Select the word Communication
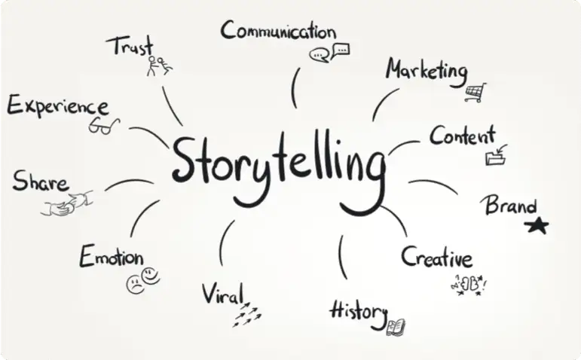[x=278, y=32]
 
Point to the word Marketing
[x=427, y=71]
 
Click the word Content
[x=463, y=137]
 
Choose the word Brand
[x=510, y=205]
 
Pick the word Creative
[x=436, y=258]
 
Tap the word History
[x=358, y=310]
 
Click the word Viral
[x=223, y=294]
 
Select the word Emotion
[x=112, y=257]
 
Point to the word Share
[x=40, y=181]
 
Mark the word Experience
[x=57, y=106]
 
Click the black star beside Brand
[x=537, y=224]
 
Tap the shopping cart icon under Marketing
[x=476, y=93]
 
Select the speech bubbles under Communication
[x=330, y=53]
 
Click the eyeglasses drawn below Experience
[x=104, y=127]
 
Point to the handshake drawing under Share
[x=67, y=203]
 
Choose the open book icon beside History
[x=396, y=327]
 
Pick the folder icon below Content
[x=496, y=156]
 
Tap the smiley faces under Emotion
[x=143, y=281]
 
